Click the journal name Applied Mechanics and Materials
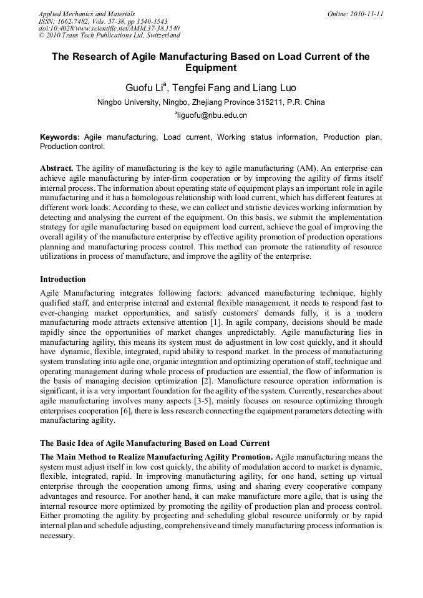pyautogui.click(x=86, y=13)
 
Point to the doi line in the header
pyautogui.click(x=109, y=28)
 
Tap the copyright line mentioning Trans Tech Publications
pyautogui.click(x=109, y=36)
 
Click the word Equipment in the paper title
pyautogui.click(x=211, y=68)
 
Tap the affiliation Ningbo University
pyautogui.click(x=129, y=102)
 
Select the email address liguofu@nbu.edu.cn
pyautogui.click(x=212, y=115)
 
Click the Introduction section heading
pyautogui.click(x=62, y=279)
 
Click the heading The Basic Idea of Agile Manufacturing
pyautogui.click(x=155, y=443)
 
